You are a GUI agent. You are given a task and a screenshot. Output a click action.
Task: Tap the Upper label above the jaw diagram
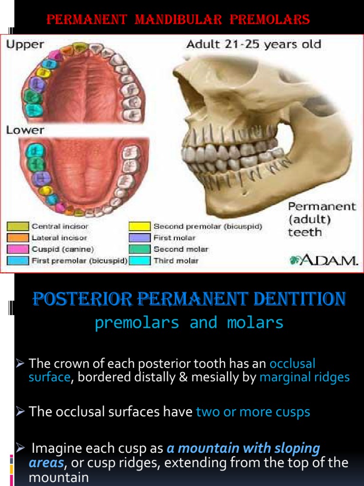(x=25, y=45)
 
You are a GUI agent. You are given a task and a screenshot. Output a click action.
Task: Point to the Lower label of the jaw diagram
(x=25, y=130)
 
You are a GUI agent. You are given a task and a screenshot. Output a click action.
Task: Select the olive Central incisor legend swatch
(x=18, y=226)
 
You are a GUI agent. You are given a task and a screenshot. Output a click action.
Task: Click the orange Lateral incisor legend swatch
(x=18, y=238)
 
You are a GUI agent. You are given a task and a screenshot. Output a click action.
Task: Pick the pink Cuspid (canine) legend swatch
(x=18, y=249)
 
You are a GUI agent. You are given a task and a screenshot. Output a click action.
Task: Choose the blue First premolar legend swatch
(x=18, y=261)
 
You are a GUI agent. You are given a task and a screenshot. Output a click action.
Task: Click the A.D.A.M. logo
(x=323, y=260)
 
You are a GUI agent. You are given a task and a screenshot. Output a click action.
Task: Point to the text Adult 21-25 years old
(x=254, y=45)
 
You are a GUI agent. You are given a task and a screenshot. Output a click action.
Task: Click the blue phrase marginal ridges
(x=304, y=377)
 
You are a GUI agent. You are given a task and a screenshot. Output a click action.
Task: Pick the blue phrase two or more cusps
(x=253, y=411)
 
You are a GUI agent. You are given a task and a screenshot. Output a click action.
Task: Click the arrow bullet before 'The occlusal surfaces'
(x=20, y=411)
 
